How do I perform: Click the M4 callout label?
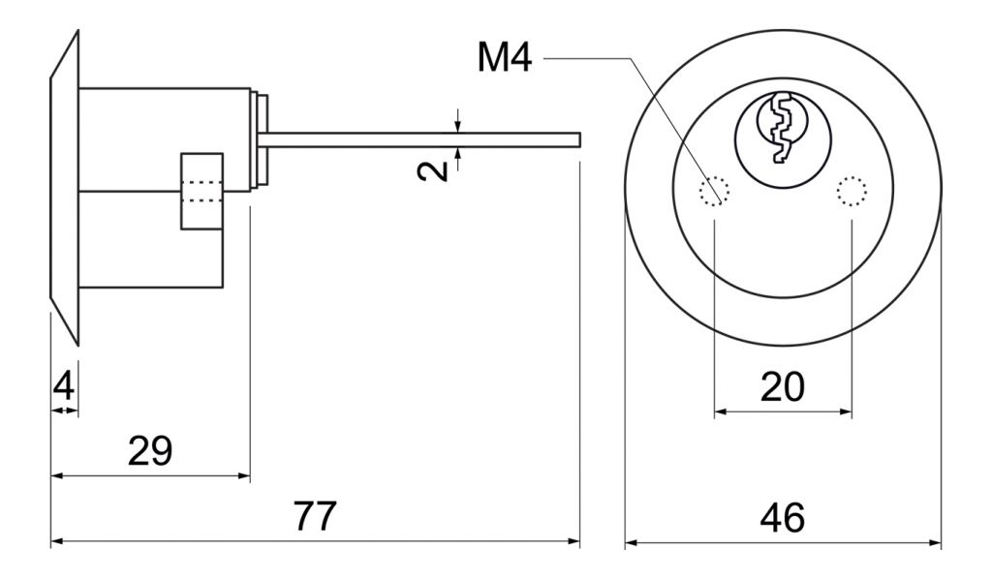[x=505, y=58]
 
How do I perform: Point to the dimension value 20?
[x=783, y=386]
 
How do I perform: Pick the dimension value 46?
[x=783, y=518]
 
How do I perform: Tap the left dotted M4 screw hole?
[x=714, y=192]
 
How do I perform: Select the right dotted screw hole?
[x=852, y=192]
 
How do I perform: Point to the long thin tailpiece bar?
[x=421, y=138]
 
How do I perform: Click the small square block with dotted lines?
[x=201, y=192]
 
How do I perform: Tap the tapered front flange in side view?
[x=64, y=189]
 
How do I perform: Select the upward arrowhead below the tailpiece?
[x=458, y=153]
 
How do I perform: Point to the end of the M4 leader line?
[x=718, y=203]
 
